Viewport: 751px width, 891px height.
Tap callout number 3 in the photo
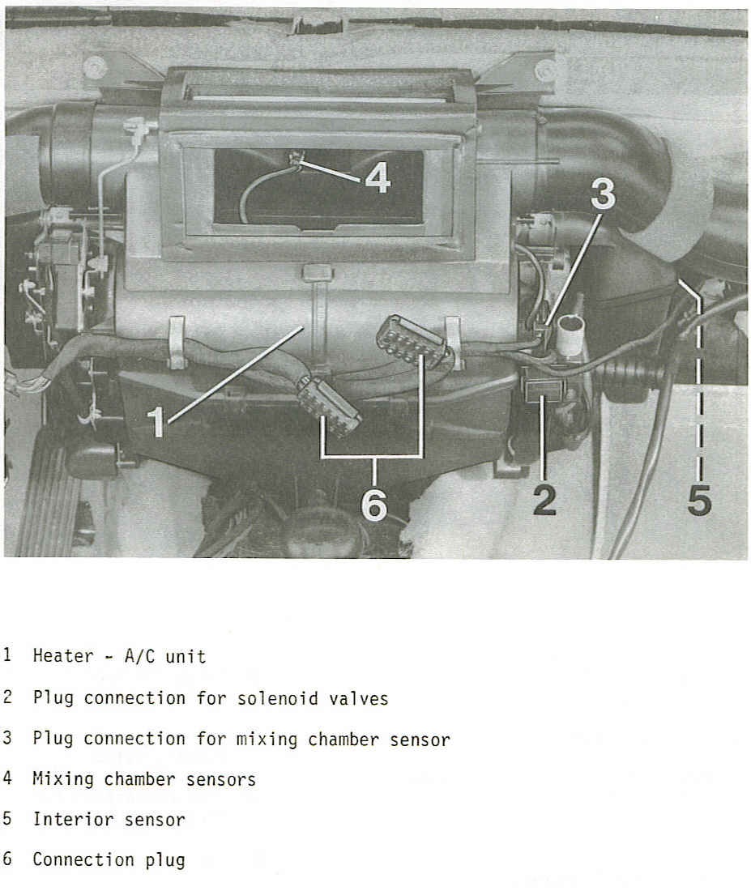[602, 196]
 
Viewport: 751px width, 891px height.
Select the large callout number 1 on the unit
[157, 422]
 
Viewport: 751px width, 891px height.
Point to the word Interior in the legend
[68, 819]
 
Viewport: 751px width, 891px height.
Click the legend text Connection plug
[109, 859]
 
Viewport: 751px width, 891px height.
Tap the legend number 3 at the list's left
[7, 738]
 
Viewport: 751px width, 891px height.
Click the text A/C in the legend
[139, 656]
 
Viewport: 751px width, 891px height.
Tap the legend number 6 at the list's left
[7, 859]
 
